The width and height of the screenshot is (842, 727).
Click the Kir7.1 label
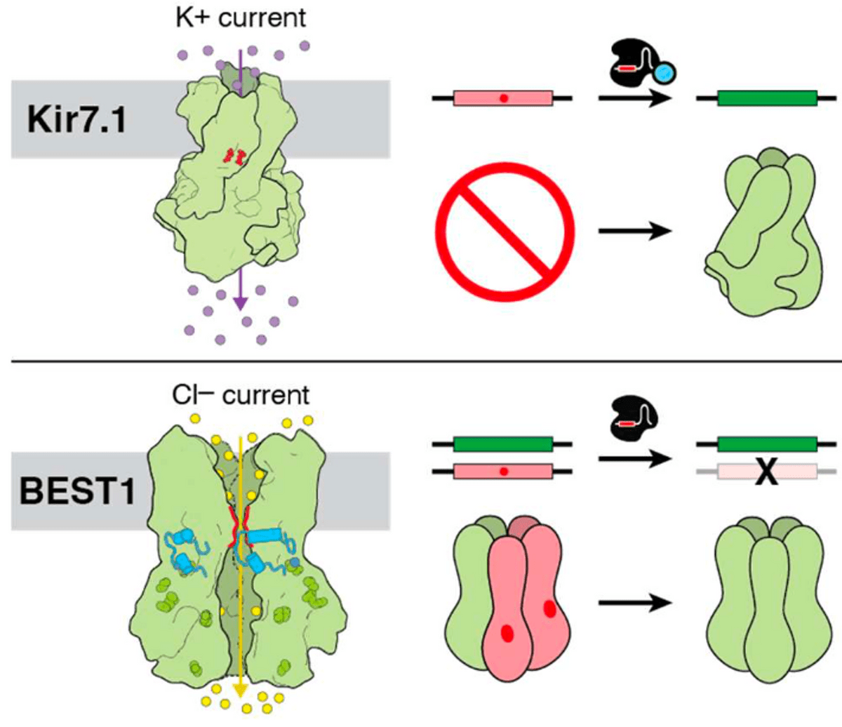click(76, 119)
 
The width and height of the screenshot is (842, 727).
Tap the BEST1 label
click(78, 491)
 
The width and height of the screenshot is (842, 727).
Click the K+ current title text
click(241, 18)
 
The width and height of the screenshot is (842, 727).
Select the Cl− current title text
click(241, 394)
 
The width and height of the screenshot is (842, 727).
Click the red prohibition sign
click(504, 231)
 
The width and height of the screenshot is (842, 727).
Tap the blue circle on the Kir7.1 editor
click(664, 71)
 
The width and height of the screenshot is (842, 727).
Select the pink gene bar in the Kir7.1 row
click(503, 99)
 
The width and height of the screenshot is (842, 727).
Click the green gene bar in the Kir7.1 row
click(767, 98)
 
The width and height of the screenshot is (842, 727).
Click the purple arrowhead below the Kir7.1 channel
click(240, 303)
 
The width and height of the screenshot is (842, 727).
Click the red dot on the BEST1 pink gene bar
click(503, 472)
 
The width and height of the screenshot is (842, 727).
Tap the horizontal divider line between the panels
click(421, 361)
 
